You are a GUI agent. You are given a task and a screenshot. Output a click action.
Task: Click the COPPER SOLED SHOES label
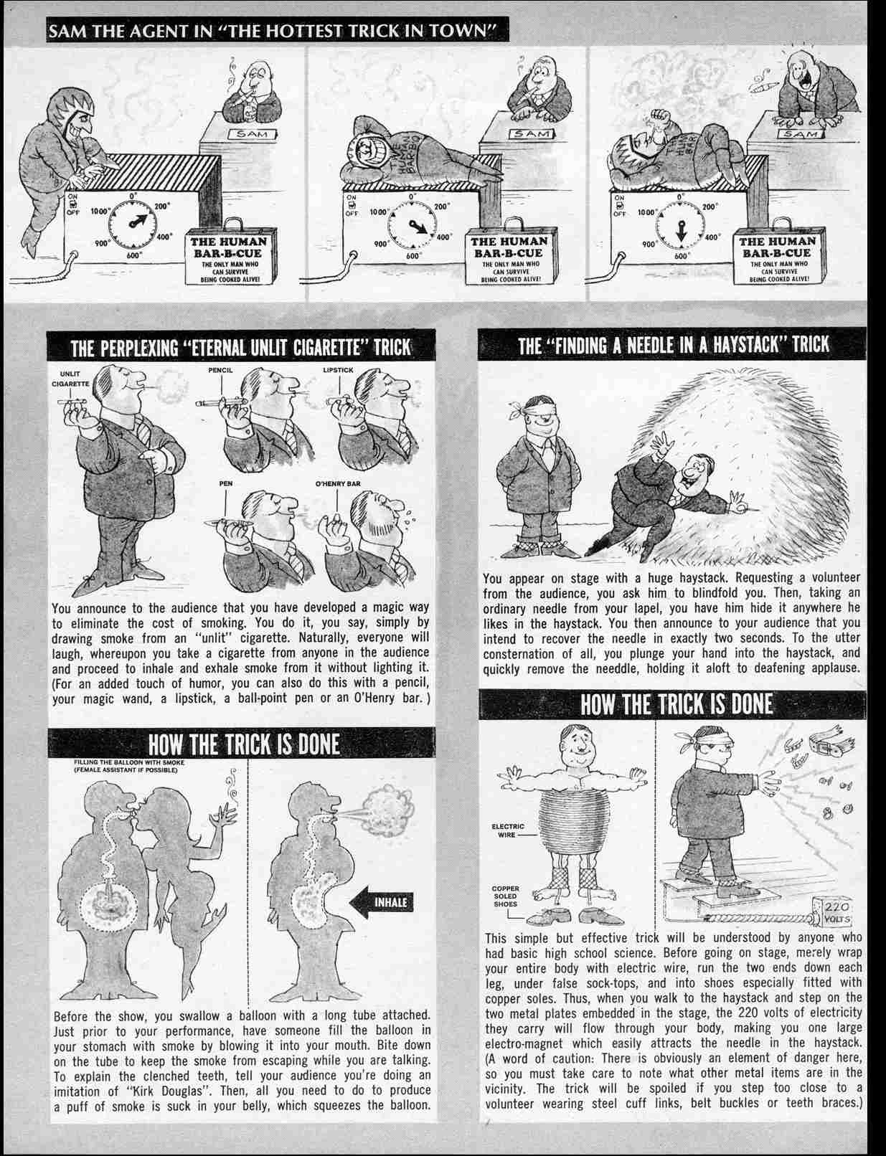[x=505, y=896]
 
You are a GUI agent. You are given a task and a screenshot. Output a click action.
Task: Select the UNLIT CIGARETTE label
[x=70, y=379]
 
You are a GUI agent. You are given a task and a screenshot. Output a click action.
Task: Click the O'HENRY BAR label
[x=338, y=484]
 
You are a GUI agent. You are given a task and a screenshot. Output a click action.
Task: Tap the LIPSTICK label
[x=337, y=370]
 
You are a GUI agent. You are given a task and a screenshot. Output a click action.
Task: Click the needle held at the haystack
[x=746, y=507]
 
